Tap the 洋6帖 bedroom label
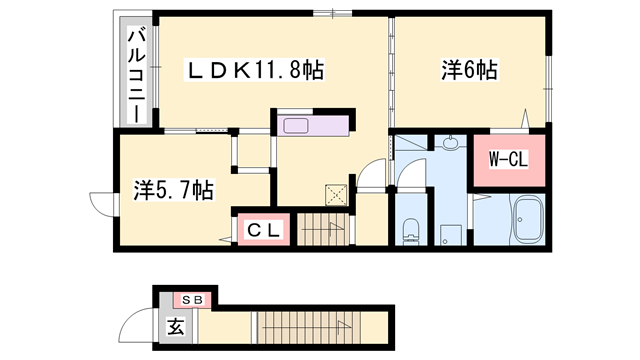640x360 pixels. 469,71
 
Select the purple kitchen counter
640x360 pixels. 313,126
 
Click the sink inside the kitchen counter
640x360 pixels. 298,126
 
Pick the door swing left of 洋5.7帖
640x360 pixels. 101,204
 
